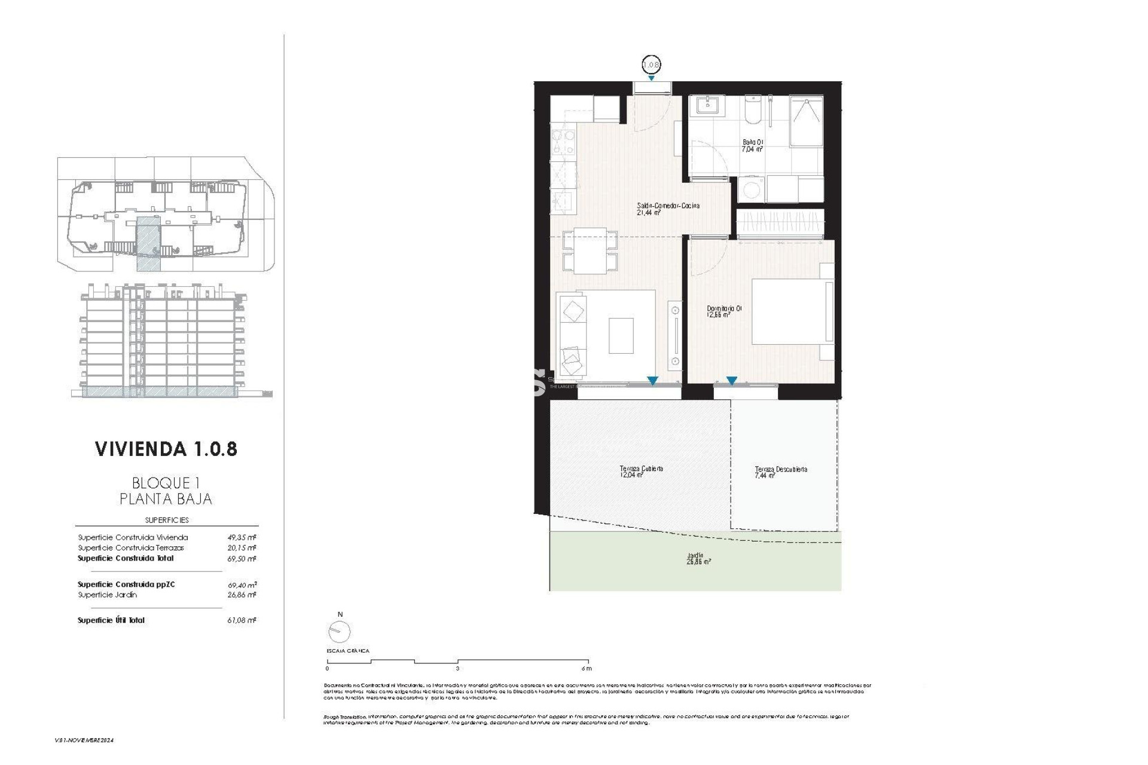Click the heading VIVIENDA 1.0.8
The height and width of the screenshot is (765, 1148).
click(166, 449)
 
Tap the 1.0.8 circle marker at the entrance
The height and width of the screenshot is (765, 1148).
click(651, 64)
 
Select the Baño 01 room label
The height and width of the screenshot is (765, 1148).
click(753, 146)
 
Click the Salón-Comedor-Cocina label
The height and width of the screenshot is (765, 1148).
click(668, 209)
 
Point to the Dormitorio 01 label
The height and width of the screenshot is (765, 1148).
click(724, 311)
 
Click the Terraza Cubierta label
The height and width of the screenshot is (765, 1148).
click(641, 472)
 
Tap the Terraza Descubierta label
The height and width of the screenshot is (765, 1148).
click(780, 472)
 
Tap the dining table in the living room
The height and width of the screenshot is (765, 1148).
click(590, 251)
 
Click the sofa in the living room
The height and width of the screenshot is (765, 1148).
click(573, 335)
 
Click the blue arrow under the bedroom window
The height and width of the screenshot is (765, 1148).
click(731, 381)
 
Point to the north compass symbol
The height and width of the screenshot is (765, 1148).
click(340, 631)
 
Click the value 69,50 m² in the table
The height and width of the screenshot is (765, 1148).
click(242, 559)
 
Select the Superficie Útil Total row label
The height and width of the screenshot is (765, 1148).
click(111, 620)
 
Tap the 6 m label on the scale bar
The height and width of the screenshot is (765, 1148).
click(586, 668)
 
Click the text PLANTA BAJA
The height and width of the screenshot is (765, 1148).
click(166, 498)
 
